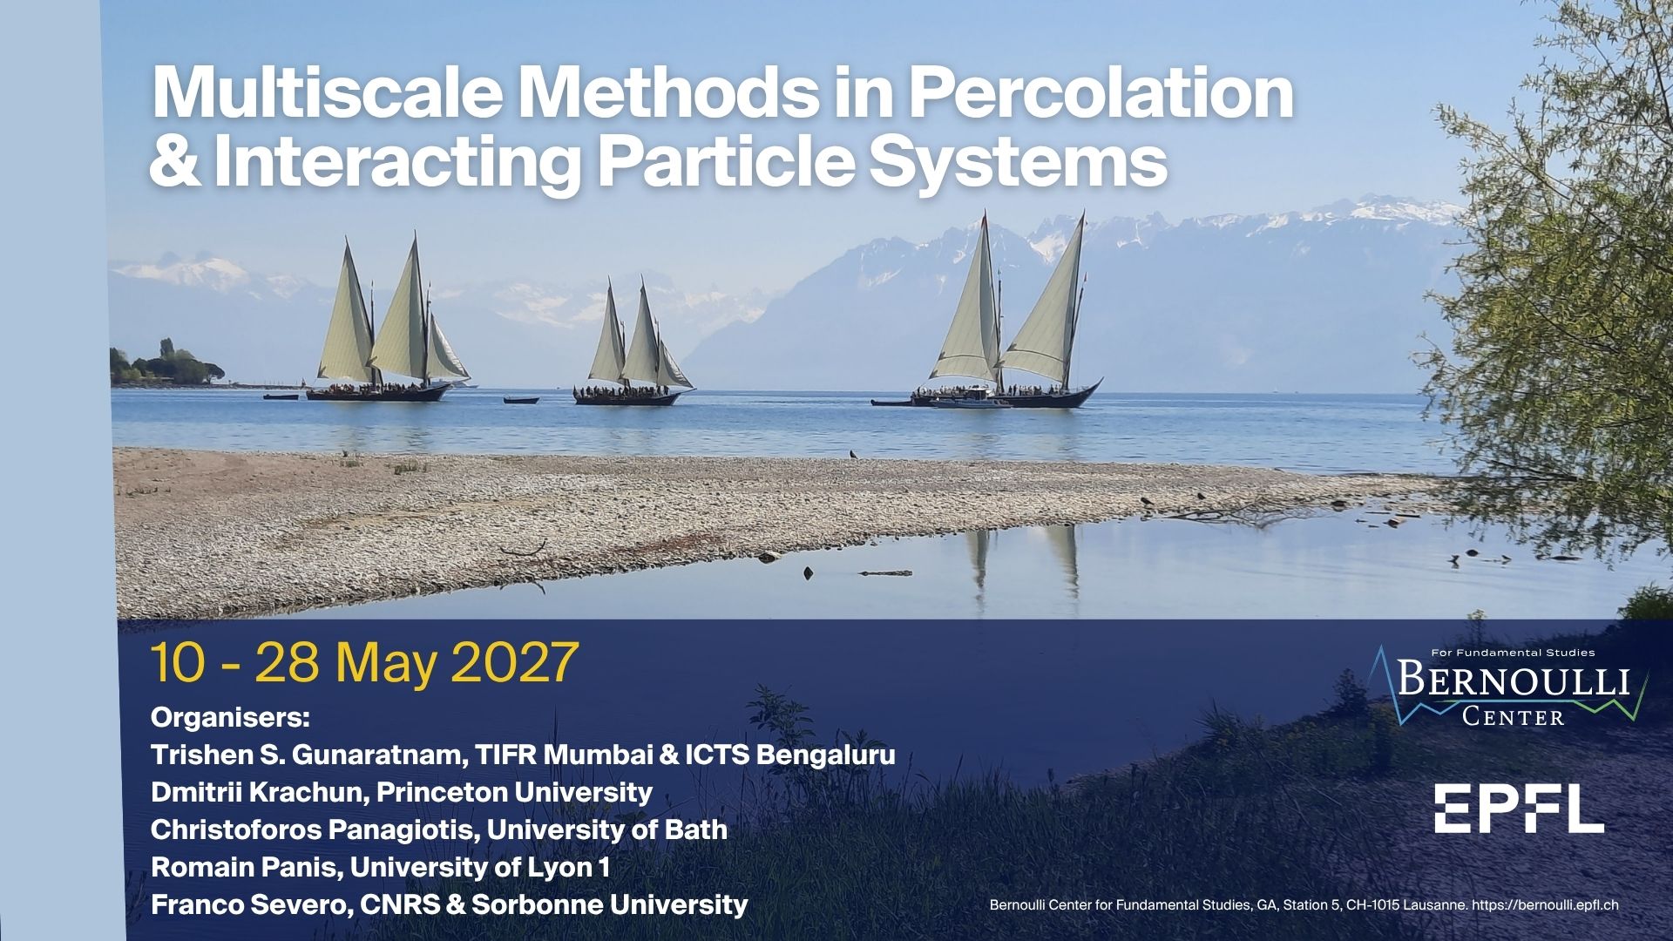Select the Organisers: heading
point(230,719)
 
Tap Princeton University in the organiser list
point(514,793)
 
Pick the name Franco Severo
point(248,904)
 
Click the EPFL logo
point(1519,808)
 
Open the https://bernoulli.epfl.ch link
point(1545,905)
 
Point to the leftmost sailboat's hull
point(379,392)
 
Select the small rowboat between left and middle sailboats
point(521,400)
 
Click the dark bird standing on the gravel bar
point(854,454)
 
